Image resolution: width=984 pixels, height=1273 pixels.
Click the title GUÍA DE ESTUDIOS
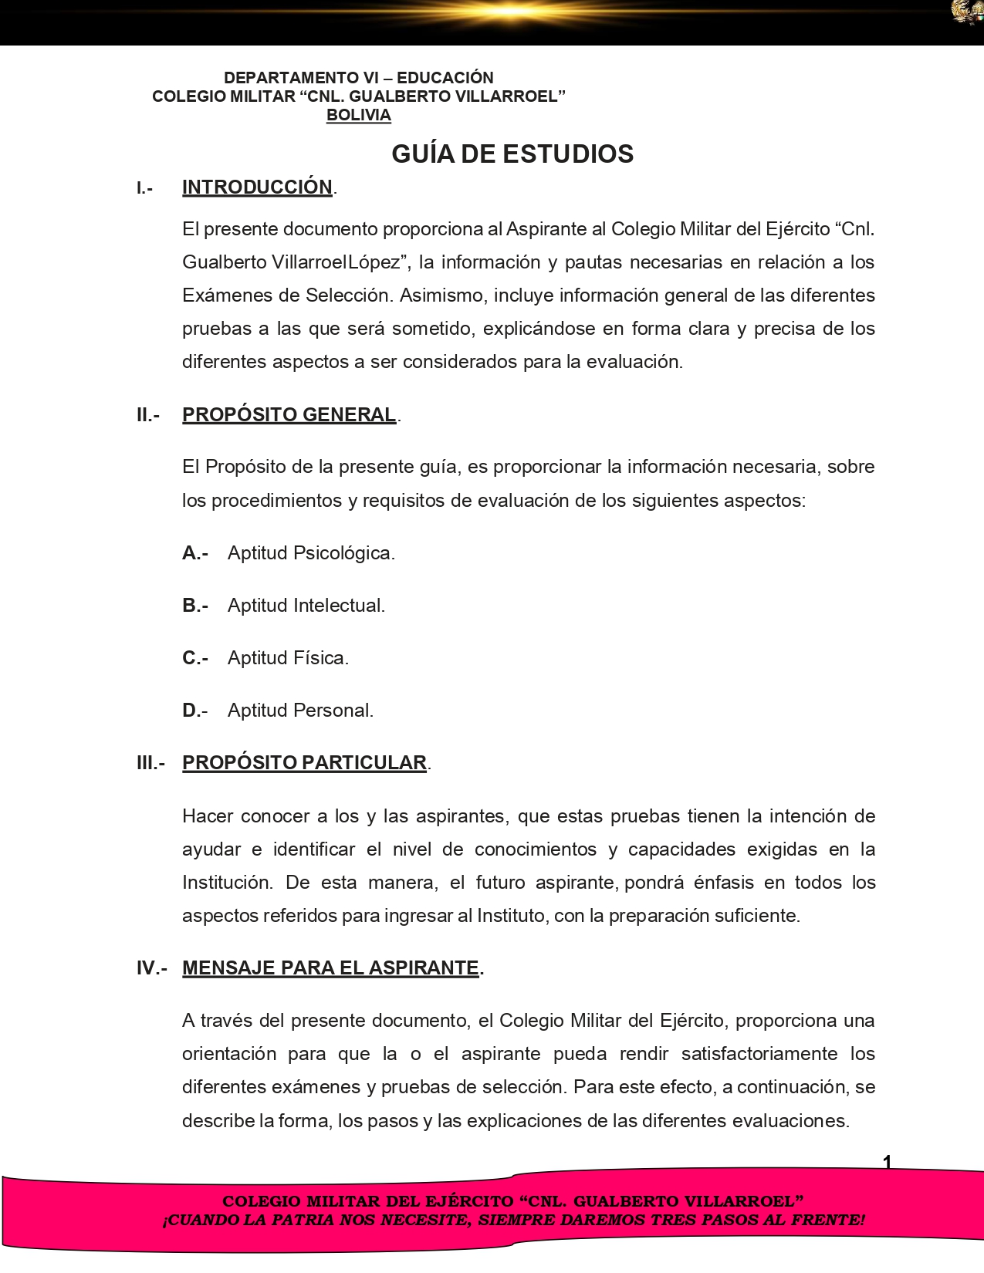pos(512,154)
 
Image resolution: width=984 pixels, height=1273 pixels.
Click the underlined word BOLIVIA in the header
pos(358,115)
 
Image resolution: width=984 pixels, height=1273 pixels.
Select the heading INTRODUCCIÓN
pos(257,187)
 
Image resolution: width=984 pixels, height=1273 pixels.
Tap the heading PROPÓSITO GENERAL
pos(289,414)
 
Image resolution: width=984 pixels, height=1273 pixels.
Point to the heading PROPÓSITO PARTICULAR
pos(304,762)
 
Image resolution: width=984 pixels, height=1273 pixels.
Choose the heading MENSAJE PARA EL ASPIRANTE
pos(330,967)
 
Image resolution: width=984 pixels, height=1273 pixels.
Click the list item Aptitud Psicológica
pos(311,552)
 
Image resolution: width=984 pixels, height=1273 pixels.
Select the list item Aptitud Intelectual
pos(306,605)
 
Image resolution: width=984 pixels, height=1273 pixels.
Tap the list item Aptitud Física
pos(288,657)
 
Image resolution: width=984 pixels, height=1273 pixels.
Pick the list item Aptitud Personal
pos(300,710)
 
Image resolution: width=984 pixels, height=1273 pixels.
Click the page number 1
pos(887,1162)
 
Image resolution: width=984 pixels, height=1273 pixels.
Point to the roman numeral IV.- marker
pos(151,967)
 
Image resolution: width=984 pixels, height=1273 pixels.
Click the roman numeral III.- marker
pos(150,762)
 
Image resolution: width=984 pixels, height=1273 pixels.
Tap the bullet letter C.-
pos(195,657)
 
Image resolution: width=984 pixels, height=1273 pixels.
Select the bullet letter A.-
pos(195,552)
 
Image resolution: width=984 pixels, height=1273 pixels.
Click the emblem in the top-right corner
pos(967,12)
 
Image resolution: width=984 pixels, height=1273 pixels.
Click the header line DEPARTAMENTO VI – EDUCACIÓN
pos(358,77)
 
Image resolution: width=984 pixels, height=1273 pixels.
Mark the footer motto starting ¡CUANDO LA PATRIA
pos(513,1220)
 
